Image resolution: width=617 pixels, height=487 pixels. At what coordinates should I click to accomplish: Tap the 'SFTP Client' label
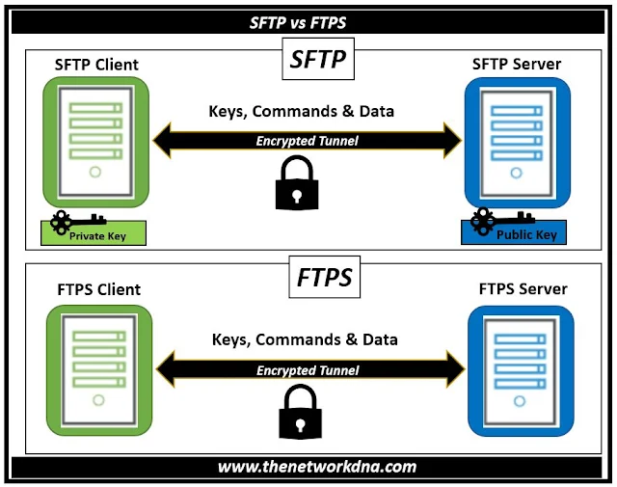[97, 65]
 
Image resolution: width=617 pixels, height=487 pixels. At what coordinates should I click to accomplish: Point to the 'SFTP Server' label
[517, 65]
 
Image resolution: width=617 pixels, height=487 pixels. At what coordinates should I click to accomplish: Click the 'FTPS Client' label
[98, 289]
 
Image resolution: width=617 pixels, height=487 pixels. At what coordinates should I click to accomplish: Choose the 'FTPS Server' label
[523, 288]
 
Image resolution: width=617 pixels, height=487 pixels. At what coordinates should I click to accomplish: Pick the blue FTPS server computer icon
[521, 366]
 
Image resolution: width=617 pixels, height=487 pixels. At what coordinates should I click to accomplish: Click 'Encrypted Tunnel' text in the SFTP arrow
[307, 141]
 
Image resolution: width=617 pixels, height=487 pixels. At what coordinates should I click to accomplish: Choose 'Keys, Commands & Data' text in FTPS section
[304, 339]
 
